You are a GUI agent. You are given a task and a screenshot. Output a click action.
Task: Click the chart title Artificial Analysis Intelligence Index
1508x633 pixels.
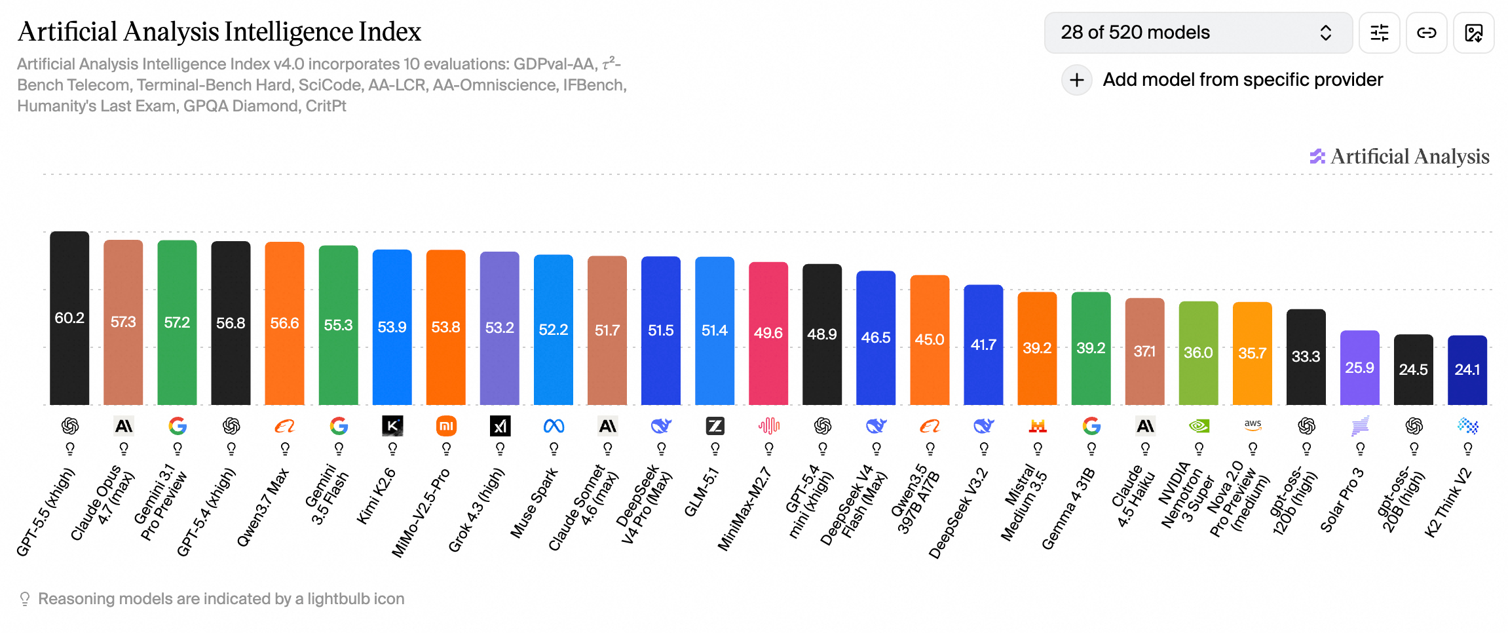click(219, 31)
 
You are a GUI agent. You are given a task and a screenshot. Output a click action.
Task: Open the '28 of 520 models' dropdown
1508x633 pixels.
click(1198, 33)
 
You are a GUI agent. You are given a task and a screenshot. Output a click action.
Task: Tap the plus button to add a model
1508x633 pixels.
click(1076, 80)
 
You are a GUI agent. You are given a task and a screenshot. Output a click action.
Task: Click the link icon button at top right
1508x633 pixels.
click(1426, 33)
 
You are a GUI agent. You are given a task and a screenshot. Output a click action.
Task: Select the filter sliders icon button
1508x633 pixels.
click(1379, 33)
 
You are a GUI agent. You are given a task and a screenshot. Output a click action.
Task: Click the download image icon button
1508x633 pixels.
click(1473, 33)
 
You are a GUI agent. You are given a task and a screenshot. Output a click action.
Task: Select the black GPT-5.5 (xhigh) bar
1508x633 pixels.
click(69, 318)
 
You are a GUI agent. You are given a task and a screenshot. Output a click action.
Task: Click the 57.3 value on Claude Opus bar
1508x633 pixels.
click(123, 322)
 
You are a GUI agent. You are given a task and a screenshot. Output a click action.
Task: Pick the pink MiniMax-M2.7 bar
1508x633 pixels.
click(768, 334)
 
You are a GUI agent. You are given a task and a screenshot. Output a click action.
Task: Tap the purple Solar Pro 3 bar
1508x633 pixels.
click(1360, 368)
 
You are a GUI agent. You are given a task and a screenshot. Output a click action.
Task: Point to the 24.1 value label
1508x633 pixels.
click(1467, 370)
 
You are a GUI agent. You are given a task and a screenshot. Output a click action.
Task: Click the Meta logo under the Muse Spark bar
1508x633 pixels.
click(554, 427)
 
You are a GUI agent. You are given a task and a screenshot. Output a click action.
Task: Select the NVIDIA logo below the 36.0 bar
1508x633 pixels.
click(1199, 426)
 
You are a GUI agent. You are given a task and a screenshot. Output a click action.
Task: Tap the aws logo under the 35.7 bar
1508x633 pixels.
click(1253, 425)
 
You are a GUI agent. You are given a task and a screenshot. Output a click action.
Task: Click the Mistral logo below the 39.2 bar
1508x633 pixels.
click(1038, 427)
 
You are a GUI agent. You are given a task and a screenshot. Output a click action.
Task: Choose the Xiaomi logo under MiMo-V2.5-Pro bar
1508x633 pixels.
click(446, 426)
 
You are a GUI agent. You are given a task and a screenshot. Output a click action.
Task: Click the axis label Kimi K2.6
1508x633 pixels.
click(377, 495)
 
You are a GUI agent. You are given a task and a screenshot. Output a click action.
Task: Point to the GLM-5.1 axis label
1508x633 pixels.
click(702, 491)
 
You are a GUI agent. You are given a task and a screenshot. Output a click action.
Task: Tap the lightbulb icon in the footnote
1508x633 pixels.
click(25, 599)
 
